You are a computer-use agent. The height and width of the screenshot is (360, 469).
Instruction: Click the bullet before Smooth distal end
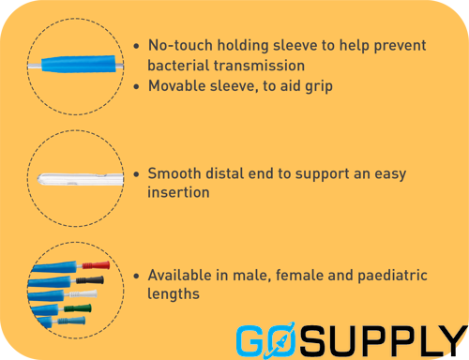139,174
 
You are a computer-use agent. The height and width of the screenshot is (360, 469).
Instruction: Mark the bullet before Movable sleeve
139,86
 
